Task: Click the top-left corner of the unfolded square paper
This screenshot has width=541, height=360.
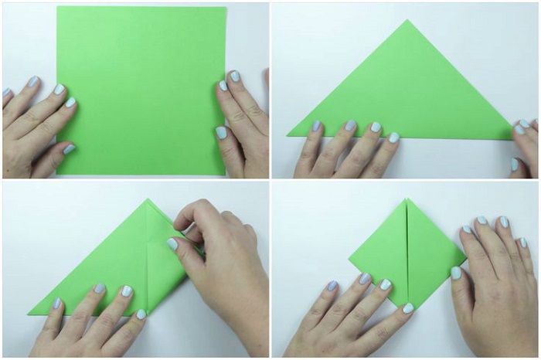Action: coord(57,8)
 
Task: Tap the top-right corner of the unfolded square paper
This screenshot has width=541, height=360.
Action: coord(226,8)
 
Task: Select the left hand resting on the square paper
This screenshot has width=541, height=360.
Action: coord(35,124)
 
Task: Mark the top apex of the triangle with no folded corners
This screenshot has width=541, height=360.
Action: coord(408,21)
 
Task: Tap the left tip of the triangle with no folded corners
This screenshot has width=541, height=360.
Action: coord(289,136)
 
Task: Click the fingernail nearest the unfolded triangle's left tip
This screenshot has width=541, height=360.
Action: coord(316,125)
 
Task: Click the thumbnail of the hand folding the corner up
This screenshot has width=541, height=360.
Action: coord(172,244)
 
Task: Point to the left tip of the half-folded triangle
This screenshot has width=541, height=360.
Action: coord(29,314)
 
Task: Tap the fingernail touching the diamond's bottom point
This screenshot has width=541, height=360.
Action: coord(407,308)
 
